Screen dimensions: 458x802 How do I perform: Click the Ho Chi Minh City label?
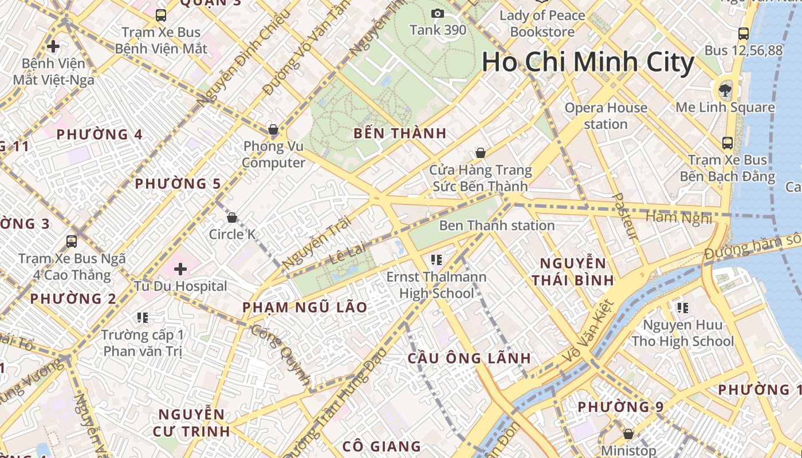point(588,62)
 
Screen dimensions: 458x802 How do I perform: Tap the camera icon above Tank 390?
point(438,13)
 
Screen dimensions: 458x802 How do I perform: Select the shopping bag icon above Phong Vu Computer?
point(273,129)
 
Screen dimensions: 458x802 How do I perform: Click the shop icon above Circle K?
point(232,218)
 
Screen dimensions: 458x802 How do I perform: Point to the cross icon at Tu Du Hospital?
point(180,268)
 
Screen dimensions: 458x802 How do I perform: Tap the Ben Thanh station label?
point(497,226)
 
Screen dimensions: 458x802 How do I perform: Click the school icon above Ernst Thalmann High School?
point(437,260)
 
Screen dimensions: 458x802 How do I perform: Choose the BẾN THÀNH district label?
point(399,134)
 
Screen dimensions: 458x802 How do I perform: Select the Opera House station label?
point(606,116)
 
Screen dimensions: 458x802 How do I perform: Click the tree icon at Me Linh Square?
point(725,89)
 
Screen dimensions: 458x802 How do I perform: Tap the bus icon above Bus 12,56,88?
point(743,33)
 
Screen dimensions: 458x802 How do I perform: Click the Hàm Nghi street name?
point(679,218)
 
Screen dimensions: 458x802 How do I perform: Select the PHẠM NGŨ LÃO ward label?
point(305,307)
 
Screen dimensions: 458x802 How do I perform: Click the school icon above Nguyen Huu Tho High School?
point(682,308)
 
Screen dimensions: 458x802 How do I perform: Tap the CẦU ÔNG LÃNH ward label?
point(469,358)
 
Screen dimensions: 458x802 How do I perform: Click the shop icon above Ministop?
point(628,434)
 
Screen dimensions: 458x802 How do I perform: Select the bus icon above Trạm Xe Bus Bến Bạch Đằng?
point(727,143)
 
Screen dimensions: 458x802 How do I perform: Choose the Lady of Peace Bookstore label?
point(542,23)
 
